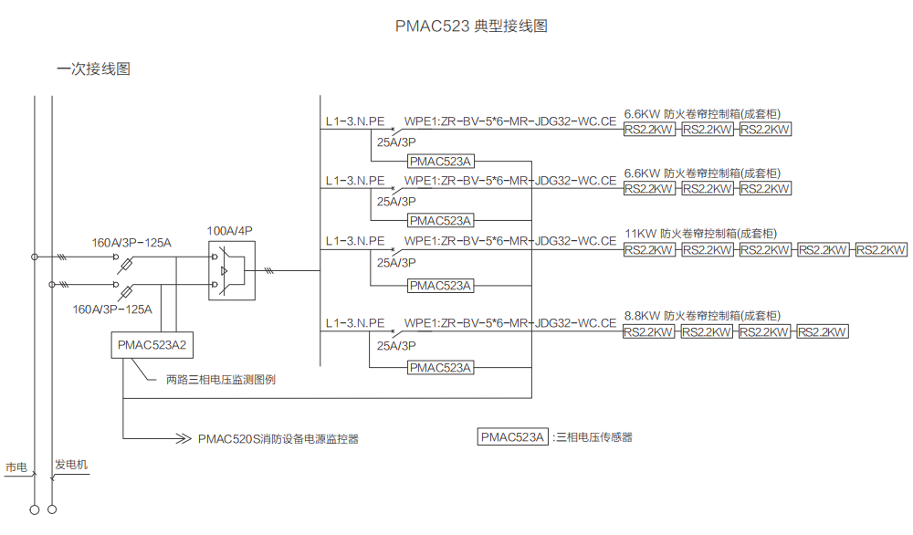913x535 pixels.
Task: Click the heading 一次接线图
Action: click(x=93, y=68)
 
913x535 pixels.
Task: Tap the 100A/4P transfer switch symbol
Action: click(x=229, y=271)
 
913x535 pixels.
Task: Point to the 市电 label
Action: click(x=16, y=467)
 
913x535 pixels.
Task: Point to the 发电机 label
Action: click(x=71, y=465)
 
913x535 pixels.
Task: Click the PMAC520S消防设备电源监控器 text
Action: click(x=278, y=439)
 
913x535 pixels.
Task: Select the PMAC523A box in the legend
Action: click(x=512, y=436)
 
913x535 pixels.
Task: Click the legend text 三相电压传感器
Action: click(x=595, y=437)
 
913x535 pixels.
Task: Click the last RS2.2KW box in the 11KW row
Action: click(x=880, y=250)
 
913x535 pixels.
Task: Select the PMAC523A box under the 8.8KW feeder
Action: click(x=440, y=368)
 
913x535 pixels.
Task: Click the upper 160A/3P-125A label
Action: click(x=131, y=243)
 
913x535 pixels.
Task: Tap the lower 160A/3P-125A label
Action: click(x=112, y=309)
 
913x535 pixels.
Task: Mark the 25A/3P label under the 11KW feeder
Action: click(x=396, y=262)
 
